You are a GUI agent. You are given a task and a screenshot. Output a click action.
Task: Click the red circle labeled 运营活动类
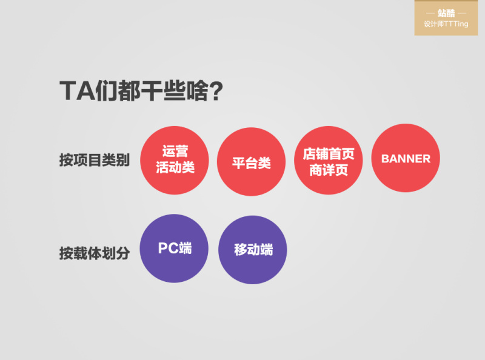point(175,161)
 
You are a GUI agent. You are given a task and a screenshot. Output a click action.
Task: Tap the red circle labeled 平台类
point(251,162)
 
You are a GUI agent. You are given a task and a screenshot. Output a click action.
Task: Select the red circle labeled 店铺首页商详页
point(328,161)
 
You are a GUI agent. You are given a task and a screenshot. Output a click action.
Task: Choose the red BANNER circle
point(406,159)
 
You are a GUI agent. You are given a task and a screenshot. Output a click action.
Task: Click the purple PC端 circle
point(174,248)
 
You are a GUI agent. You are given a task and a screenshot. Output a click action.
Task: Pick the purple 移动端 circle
point(252,250)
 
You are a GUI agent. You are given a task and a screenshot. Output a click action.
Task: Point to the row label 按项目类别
point(94,161)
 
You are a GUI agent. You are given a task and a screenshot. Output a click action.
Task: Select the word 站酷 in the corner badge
point(446,13)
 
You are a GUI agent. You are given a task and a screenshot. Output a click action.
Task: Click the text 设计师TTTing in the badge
point(446,24)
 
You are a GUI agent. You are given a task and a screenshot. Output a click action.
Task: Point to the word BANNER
point(406,159)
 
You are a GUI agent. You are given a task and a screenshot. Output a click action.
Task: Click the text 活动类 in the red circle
point(175,168)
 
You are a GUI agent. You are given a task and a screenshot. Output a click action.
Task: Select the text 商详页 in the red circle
point(328,170)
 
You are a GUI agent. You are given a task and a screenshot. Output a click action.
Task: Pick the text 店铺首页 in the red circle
point(328,153)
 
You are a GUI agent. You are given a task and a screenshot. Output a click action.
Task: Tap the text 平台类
point(251,163)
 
